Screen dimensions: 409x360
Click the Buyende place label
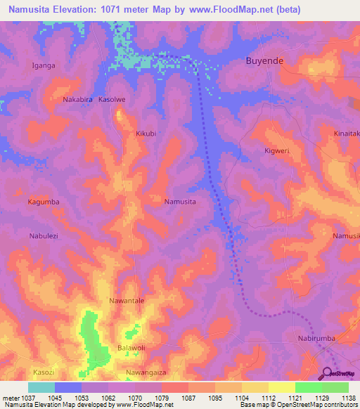[x=264, y=61]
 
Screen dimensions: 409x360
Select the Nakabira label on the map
[x=78, y=100]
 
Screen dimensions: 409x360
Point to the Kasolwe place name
[x=112, y=100]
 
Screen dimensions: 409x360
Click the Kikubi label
[x=145, y=133]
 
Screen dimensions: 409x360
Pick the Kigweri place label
[x=276, y=150]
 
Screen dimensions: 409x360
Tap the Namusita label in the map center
[x=179, y=202]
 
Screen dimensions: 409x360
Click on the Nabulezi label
[x=44, y=236]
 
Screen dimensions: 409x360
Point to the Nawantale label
[x=127, y=301]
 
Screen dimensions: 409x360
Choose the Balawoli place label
[x=131, y=348]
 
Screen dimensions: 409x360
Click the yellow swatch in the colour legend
[x=281, y=387]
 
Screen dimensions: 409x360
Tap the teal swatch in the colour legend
[x=41, y=387]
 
